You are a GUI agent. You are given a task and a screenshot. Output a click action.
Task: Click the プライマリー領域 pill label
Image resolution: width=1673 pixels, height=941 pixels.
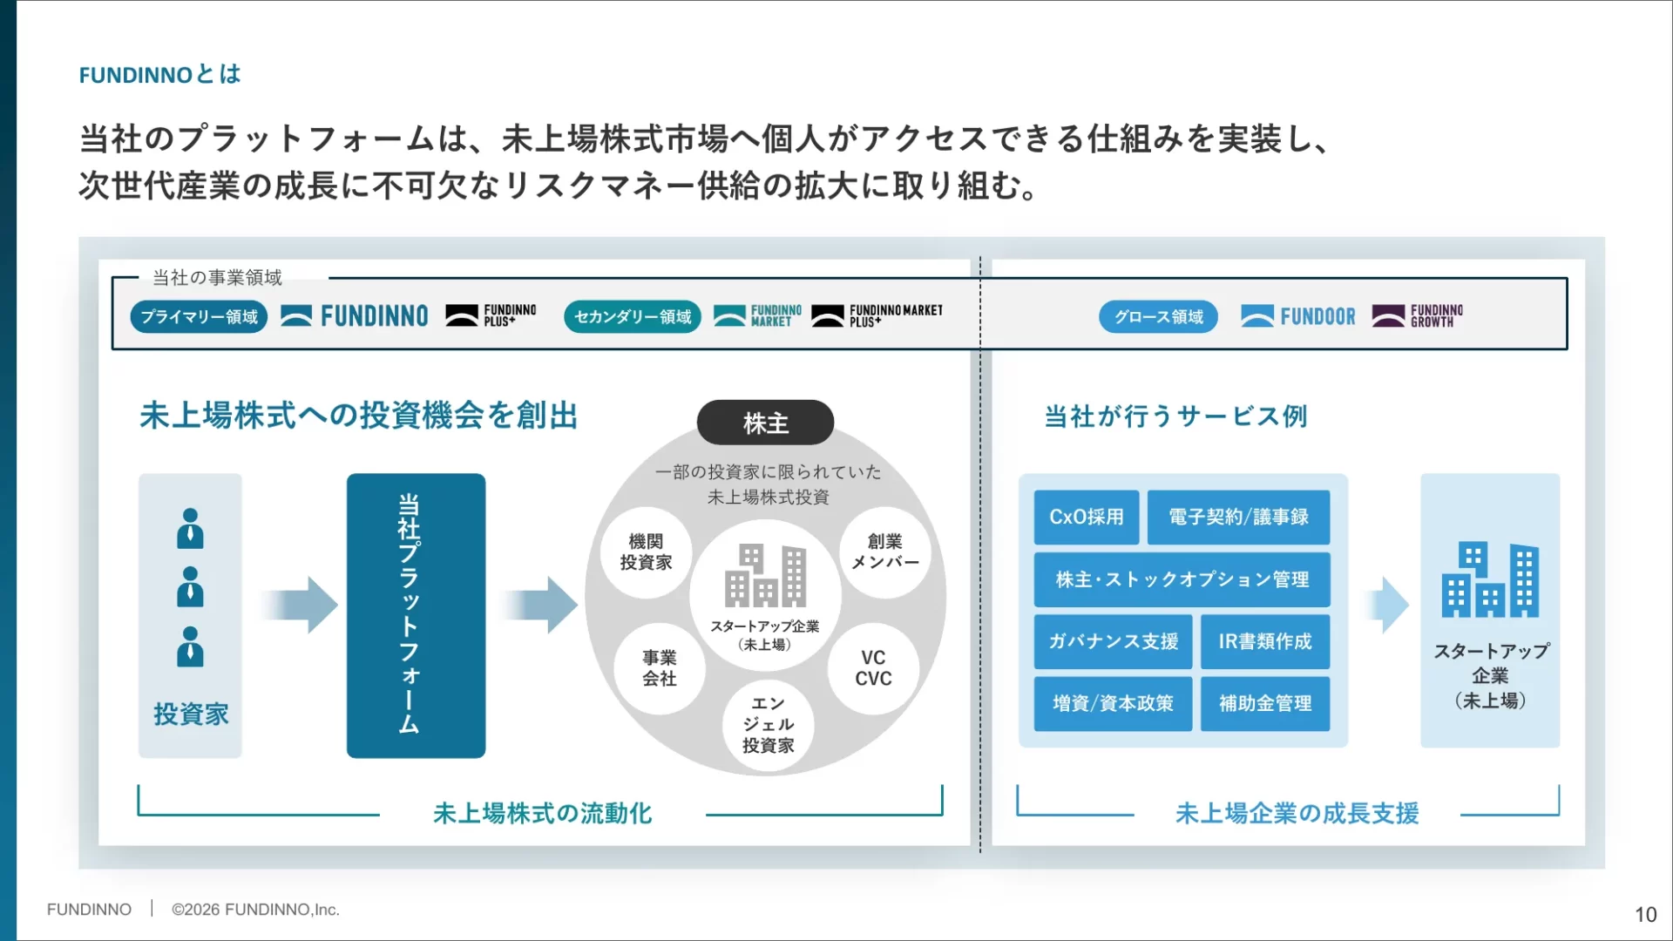pos(199,316)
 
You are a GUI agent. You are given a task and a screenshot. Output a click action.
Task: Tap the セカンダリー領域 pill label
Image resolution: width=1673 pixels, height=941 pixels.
pos(632,316)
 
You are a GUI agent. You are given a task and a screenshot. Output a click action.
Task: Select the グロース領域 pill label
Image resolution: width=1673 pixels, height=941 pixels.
pos(1158,316)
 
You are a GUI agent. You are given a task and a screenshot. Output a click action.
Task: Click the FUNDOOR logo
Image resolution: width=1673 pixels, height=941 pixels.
pos(1298,316)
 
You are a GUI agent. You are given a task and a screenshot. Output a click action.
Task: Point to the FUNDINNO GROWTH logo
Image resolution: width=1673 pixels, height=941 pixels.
pos(1418,316)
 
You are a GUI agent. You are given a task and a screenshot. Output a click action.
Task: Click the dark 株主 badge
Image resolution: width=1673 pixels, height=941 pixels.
pos(765,423)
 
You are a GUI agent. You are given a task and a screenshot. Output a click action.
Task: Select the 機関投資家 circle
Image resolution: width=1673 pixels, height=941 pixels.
pos(646,552)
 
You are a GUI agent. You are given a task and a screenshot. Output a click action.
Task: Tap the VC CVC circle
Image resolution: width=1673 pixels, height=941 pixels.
pos(873,668)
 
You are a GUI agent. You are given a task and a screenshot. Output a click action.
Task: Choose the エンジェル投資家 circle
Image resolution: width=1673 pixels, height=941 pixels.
pos(768,725)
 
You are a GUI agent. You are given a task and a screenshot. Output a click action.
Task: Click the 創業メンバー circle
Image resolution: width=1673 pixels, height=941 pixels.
pos(885,552)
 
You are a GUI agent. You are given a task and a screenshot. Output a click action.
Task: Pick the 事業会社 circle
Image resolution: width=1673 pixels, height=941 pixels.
pos(660,668)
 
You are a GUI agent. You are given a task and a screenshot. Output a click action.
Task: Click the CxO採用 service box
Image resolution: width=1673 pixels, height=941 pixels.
pos(1086,517)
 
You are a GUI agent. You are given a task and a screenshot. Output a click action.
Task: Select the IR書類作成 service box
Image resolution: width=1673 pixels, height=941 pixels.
pos(1264,641)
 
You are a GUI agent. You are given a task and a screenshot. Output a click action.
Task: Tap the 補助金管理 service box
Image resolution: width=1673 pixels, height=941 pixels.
pos(1264,703)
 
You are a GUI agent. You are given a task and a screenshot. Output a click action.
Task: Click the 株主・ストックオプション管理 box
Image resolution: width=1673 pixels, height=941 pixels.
pos(1182,579)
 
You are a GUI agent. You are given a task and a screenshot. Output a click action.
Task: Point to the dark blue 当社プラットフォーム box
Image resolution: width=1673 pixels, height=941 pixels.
pos(416,615)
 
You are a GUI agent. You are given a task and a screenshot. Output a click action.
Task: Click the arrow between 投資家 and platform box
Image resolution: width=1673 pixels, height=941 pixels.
pos(300,604)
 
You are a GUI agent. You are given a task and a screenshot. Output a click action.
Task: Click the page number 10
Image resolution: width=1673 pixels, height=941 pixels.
pos(1645,914)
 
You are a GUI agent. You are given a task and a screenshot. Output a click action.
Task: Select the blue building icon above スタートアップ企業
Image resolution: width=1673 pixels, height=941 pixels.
pos(1490,580)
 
